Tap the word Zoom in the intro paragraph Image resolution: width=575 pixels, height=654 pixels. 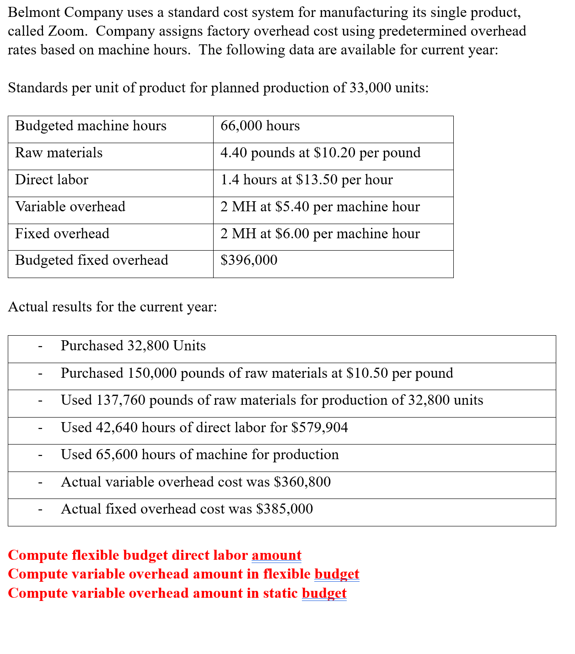pos(67,31)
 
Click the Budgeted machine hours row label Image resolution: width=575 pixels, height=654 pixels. pos(91,126)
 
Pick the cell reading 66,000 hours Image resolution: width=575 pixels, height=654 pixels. pos(260,126)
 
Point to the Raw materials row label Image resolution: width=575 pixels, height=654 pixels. pos(59,153)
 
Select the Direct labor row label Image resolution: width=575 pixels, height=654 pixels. pos(52,180)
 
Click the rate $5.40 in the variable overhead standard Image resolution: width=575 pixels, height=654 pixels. pos(292,207)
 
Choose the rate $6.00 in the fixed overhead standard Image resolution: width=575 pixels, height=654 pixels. pos(292,234)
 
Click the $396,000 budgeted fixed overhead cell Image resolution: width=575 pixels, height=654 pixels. pos(249,260)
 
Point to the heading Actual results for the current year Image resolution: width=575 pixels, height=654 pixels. pos(113,307)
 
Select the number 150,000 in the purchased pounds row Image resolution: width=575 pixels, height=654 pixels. pos(152,373)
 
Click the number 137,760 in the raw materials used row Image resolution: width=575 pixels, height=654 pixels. pos(121,400)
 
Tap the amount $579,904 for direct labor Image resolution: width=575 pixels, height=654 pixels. pos(320,428)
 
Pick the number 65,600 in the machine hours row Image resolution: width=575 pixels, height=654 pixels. pos(117,455)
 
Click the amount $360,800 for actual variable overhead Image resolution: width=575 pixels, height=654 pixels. pos(302,482)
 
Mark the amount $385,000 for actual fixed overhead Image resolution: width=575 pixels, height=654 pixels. pos(285,509)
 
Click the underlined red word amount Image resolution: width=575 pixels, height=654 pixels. pos(276,555)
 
